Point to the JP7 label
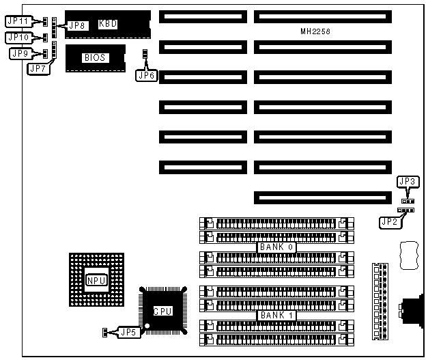[37, 68]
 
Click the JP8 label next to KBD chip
[78, 25]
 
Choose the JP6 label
[146, 75]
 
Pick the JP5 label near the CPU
[128, 332]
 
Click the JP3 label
[406, 182]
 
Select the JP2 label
[390, 221]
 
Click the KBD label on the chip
[108, 24]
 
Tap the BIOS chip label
[94, 57]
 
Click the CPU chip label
[162, 311]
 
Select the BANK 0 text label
[276, 247]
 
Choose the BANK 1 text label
[276, 316]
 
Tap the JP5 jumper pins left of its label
[105, 333]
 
